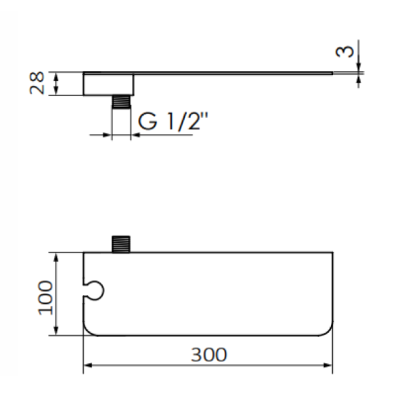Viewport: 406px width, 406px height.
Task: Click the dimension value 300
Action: click(x=208, y=354)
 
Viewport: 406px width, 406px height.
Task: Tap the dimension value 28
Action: click(x=39, y=83)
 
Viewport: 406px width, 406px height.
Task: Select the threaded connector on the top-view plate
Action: click(x=120, y=243)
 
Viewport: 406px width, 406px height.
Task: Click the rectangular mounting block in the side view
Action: click(x=108, y=83)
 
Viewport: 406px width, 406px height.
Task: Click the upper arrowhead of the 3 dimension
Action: click(x=359, y=66)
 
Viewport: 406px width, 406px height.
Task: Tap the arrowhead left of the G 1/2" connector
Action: click(x=107, y=135)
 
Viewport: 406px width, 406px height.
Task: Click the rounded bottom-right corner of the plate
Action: click(x=328, y=329)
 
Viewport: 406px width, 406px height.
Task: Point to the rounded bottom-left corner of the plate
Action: click(x=88, y=329)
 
